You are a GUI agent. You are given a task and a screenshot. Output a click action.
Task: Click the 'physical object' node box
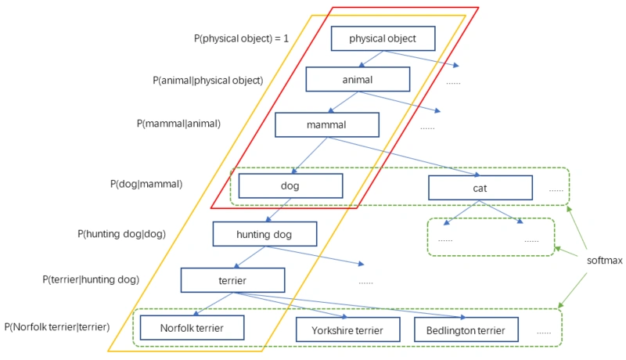pos(382,38)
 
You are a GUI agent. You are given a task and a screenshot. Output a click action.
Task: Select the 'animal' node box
pos(357,80)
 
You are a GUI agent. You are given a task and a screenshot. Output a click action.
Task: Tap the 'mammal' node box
pos(326,124)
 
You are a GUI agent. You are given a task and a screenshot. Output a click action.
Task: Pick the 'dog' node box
pos(290,186)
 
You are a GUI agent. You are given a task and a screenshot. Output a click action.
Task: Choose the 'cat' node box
pos(480,188)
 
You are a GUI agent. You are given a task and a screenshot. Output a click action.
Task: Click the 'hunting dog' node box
pos(264,234)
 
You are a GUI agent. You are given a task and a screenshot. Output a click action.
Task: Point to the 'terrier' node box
pos(232,280)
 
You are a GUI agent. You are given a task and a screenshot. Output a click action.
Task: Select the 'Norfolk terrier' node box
pos(191,327)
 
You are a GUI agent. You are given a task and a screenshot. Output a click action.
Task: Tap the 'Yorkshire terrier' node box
pos(347,330)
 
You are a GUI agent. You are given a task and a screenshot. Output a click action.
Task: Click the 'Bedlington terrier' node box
pos(466,330)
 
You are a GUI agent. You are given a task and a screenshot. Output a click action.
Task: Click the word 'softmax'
pos(605,260)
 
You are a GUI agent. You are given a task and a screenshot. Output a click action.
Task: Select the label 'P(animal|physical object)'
pos(207,81)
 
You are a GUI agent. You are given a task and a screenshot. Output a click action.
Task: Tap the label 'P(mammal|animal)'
pos(178,124)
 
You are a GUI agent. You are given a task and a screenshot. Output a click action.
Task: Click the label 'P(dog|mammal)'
pos(146,185)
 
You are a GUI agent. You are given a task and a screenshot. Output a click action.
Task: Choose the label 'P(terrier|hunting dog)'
pos(91,279)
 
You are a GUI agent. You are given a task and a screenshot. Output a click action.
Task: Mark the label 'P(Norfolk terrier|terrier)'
pos(56,327)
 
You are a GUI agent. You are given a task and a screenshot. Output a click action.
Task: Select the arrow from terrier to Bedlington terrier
pos(352,306)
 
